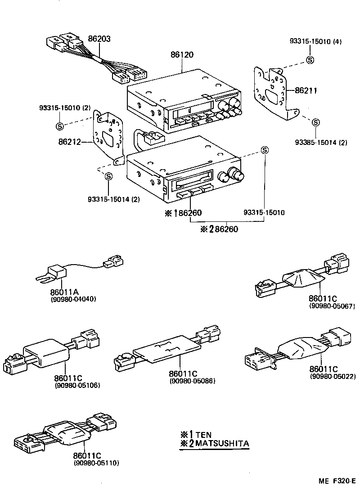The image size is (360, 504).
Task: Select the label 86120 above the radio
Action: click(182, 54)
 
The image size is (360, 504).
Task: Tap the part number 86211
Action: click(306, 90)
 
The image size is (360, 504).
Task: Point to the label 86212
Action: click(70, 142)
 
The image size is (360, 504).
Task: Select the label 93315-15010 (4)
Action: click(315, 42)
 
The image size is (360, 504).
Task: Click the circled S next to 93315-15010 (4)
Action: click(310, 60)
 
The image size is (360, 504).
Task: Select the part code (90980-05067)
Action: click(333, 306)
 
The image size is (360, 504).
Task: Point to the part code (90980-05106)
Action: click(77, 385)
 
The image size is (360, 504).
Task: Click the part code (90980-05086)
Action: click(193, 381)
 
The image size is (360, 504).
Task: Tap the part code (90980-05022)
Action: click(333, 376)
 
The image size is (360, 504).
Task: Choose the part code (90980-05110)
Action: click(96, 462)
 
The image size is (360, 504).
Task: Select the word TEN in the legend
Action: click(203, 434)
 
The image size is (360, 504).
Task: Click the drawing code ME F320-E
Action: click(337, 493)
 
